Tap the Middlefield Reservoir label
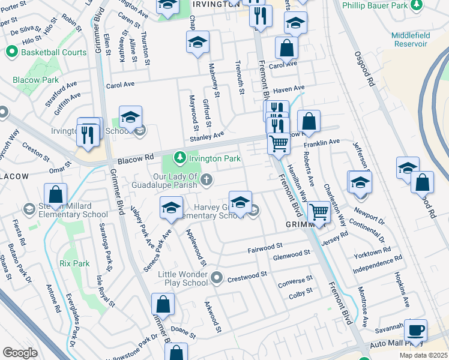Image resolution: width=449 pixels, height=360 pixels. coord(411,40)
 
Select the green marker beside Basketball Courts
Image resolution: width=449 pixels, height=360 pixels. coord(11,52)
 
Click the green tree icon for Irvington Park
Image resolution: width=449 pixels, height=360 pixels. coord(179,158)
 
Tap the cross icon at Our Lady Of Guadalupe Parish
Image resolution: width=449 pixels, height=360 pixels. coord(206,180)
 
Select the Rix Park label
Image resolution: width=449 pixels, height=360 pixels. coord(74,263)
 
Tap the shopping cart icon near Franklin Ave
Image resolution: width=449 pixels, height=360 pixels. coord(279,144)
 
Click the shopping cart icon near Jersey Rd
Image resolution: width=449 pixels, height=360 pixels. coord(318,212)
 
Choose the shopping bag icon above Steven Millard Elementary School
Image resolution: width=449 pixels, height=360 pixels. coord(55,194)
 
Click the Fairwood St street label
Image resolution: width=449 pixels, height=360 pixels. coord(265,247)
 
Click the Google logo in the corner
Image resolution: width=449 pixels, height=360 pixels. coord(20,352)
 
